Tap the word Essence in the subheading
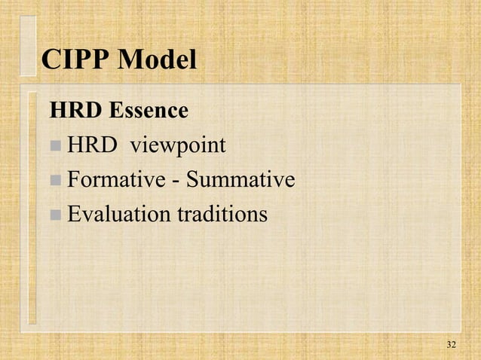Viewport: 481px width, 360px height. click(149, 111)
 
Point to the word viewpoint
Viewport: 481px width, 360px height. click(179, 145)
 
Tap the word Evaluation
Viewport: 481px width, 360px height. click(119, 215)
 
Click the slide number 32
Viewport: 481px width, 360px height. click(451, 345)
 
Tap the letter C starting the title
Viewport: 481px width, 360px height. click(51, 60)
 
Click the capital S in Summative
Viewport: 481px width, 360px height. click(192, 180)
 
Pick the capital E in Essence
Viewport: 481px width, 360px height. click(117, 111)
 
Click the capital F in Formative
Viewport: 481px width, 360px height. click(73, 180)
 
